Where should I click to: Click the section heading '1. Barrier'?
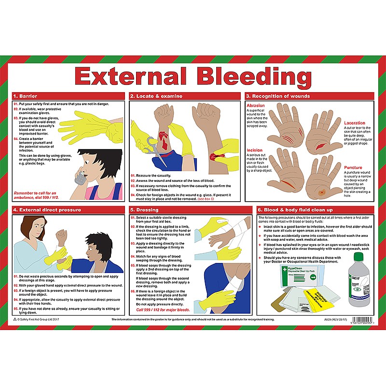25,96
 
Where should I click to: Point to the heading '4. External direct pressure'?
47,210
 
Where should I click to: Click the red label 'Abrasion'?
255,106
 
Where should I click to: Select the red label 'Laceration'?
355,123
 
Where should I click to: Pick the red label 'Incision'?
254,151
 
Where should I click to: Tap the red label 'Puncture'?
353,168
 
